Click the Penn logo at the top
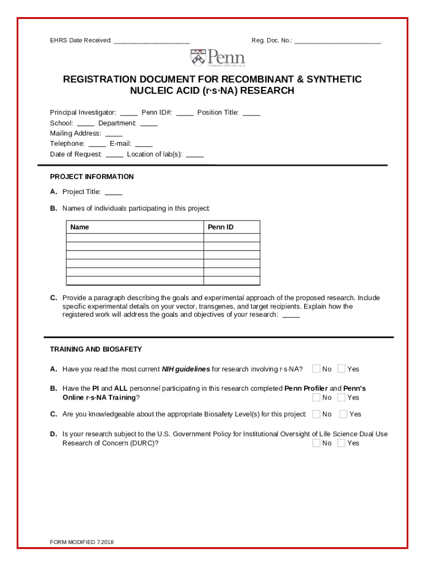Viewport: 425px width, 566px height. click(217, 57)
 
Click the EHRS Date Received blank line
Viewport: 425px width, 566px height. click(152, 42)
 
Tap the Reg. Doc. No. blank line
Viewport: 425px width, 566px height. click(337, 42)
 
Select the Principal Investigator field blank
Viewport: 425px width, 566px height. click(129, 114)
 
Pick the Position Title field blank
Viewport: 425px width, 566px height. click(251, 114)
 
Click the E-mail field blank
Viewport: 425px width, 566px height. click(144, 145)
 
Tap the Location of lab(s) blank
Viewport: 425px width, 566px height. click(195, 155)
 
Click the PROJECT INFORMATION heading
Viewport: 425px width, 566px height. click(92, 177)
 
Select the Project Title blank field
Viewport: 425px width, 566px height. click(113, 193)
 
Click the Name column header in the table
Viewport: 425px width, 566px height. click(79, 227)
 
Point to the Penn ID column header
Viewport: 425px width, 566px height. click(220, 227)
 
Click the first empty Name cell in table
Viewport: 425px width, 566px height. click(135, 238)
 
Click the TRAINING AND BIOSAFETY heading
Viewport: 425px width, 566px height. click(96, 349)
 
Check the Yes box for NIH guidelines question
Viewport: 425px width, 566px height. click(342, 369)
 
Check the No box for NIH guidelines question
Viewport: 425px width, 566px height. click(316, 369)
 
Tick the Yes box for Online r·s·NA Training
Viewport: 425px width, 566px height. click(342, 397)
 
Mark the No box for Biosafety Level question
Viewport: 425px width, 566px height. click(316, 414)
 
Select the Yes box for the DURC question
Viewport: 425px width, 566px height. click(342, 443)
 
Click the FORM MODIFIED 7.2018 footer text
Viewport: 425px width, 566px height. click(82, 542)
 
